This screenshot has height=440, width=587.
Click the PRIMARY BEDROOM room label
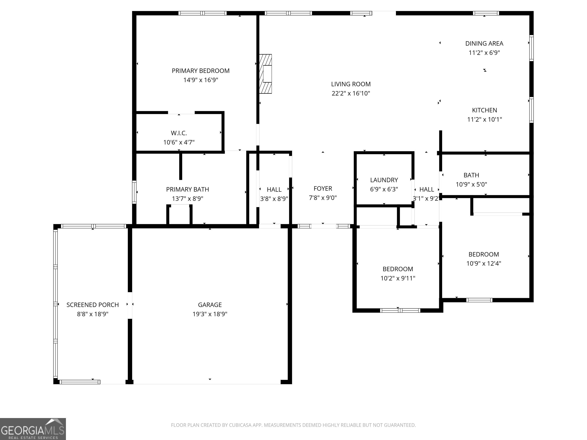coord(201,71)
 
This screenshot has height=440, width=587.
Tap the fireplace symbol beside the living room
coord(266,74)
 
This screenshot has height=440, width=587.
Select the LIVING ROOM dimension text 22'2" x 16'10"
coord(351,93)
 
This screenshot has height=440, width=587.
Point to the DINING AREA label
coord(484,44)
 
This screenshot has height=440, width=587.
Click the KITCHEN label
coord(485,110)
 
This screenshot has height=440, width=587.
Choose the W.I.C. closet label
coord(179,133)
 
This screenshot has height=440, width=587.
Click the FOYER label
coord(323,188)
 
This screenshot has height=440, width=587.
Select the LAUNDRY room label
coord(384,180)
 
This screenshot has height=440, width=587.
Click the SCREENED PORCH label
coord(93,305)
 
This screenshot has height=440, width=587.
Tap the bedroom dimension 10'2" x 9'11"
coord(398,278)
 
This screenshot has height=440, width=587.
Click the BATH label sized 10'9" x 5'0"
coord(471,175)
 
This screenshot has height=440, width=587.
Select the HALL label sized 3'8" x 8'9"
coord(274,190)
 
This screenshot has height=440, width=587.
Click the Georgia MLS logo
coord(33,429)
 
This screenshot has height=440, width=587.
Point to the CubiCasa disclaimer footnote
coord(293,425)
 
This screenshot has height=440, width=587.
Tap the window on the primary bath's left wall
coord(134,192)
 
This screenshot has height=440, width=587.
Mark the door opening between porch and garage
coord(130,305)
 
